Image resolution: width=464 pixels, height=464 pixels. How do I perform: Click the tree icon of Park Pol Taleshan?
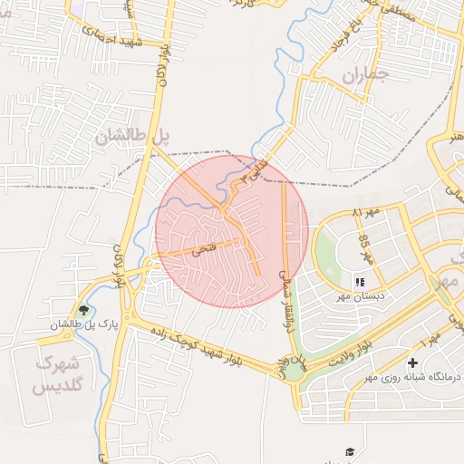click(83, 310)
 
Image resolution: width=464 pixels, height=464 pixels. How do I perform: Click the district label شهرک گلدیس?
click(57, 373)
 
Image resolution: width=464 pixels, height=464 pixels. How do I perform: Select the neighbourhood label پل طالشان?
click(132, 137)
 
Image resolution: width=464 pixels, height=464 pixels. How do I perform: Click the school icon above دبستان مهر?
click(360, 283)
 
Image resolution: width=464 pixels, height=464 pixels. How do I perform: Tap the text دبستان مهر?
click(361, 296)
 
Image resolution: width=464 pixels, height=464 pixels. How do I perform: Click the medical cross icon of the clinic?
click(412, 362)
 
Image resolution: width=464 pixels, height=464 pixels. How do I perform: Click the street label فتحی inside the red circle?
click(201, 247)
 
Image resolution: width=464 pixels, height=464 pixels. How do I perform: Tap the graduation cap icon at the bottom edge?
click(350, 451)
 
